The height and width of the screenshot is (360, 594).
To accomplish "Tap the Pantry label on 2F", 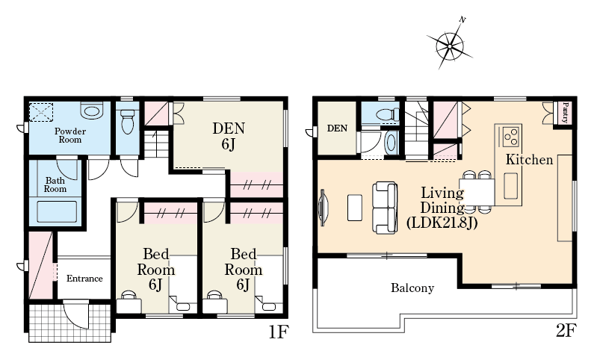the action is coord(565,113).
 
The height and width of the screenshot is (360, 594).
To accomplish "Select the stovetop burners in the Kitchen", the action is coord(510,137).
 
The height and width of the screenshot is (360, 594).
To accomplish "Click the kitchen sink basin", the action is coord(510,185).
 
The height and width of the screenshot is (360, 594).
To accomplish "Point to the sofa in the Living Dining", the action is coord(385,208).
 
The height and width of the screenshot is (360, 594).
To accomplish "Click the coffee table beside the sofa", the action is coord(355,208).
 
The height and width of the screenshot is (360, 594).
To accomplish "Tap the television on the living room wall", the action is coord(323,208).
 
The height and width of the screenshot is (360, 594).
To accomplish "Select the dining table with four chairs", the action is coord(477,192).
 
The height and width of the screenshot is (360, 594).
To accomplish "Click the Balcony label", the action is coord(412,288).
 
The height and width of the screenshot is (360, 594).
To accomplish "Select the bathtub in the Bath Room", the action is coord(57,211).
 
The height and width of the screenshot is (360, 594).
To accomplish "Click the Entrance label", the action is coord(84,279).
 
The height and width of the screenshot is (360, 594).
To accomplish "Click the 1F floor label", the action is coord(279,332).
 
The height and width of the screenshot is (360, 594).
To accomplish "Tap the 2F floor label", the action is coord(566,331).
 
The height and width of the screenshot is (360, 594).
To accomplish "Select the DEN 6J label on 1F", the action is coord(229,136).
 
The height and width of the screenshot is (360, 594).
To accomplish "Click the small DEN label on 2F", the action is coord(337,128).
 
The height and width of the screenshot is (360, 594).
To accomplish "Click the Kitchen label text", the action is coord(529,159).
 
